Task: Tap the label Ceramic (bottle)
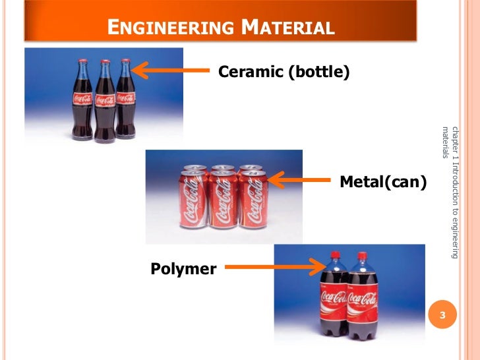pyautogui.click(x=283, y=71)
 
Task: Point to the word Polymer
pyautogui.click(x=183, y=268)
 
